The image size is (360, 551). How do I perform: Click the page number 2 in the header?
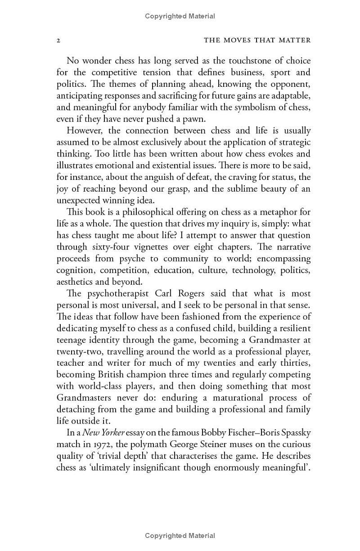point(58,40)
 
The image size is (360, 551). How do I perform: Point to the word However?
point(84,130)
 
